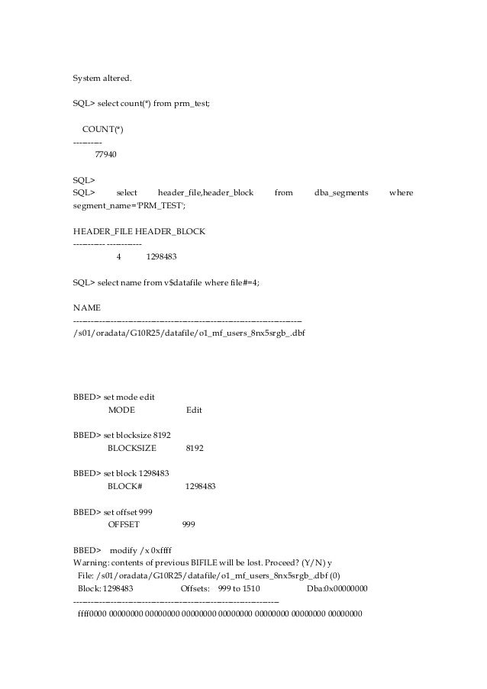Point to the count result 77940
[x=106, y=155]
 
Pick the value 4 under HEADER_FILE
[x=118, y=256]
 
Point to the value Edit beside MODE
[x=194, y=411]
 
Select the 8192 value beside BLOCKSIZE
[x=195, y=448]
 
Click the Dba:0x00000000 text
[x=337, y=589]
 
